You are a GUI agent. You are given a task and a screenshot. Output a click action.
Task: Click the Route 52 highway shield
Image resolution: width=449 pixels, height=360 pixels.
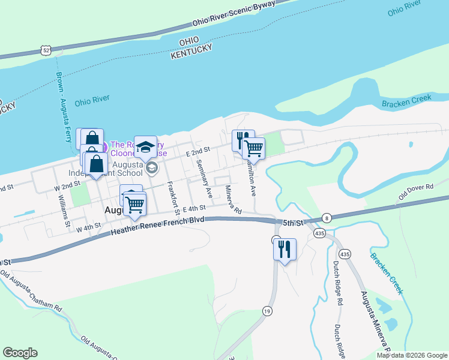[x=46, y=51]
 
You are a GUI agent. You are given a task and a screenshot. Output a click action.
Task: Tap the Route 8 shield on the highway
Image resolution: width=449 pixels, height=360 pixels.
[x=327, y=218]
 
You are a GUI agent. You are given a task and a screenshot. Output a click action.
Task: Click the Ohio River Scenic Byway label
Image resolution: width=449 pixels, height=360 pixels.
[x=234, y=13]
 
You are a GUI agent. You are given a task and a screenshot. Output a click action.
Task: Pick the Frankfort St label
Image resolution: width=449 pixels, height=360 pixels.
[x=173, y=199]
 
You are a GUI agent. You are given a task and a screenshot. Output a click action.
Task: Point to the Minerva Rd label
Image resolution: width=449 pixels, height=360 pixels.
[x=232, y=200]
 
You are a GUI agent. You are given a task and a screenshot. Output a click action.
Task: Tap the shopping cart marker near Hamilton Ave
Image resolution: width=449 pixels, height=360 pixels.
[x=254, y=148]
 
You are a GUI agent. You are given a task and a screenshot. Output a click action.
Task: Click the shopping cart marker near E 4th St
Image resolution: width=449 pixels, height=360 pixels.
[x=134, y=206]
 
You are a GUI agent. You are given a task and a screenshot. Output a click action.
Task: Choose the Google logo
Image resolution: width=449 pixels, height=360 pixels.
[x=20, y=353]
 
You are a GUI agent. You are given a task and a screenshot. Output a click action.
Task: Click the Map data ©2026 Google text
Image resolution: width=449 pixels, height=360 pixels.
[x=412, y=355]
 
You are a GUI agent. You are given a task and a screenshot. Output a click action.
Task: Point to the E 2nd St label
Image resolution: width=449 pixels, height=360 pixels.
[x=197, y=152]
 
